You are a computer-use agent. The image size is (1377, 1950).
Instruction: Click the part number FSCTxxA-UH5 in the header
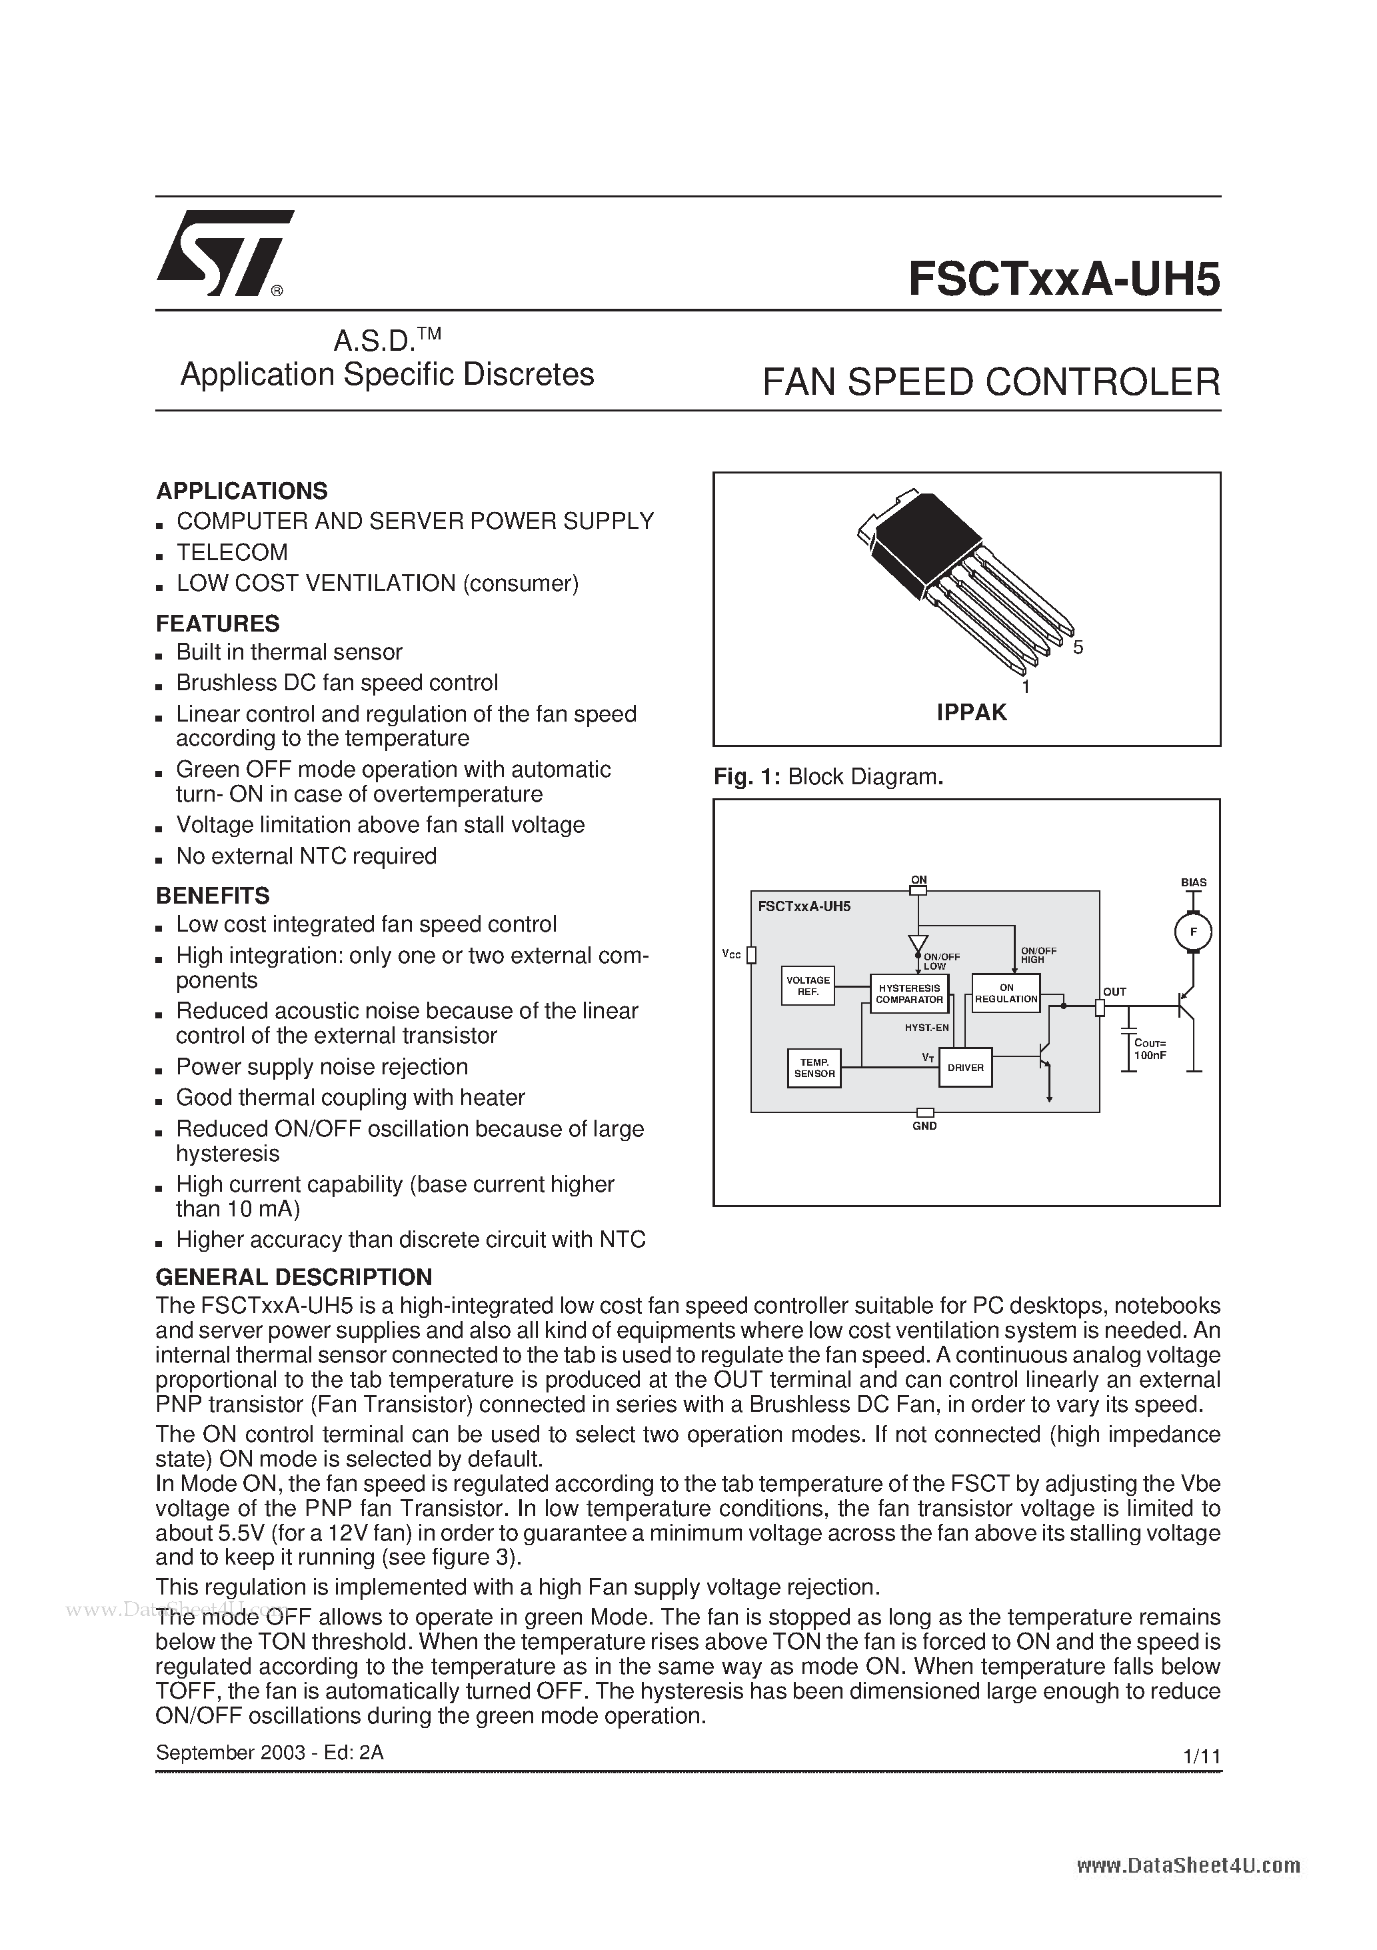[1064, 279]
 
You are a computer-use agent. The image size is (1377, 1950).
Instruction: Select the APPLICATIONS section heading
[242, 491]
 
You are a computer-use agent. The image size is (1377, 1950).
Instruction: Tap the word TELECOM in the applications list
[232, 552]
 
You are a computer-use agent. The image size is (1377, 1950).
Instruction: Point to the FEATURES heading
[217, 624]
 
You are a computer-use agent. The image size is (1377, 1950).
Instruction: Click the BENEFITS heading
[212, 895]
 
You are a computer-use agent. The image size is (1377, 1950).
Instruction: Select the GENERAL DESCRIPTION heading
[294, 1276]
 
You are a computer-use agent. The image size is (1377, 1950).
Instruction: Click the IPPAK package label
[971, 712]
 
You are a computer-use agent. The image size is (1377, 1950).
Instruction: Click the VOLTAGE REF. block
[807, 986]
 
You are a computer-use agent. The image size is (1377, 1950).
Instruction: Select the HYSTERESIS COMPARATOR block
[909, 994]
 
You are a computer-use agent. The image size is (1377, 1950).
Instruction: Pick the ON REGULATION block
[1006, 994]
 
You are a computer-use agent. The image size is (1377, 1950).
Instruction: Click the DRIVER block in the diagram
[965, 1068]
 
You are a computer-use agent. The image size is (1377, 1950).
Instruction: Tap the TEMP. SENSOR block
[814, 1068]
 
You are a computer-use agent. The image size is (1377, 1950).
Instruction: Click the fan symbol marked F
[1193, 932]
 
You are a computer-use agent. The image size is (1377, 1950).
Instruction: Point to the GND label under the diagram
[924, 1126]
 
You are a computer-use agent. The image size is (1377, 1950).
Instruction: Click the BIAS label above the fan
[1193, 882]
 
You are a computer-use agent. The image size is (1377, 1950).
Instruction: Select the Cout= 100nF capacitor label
[1150, 1049]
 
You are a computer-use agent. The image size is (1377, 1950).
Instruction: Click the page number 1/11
[1200, 1755]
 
